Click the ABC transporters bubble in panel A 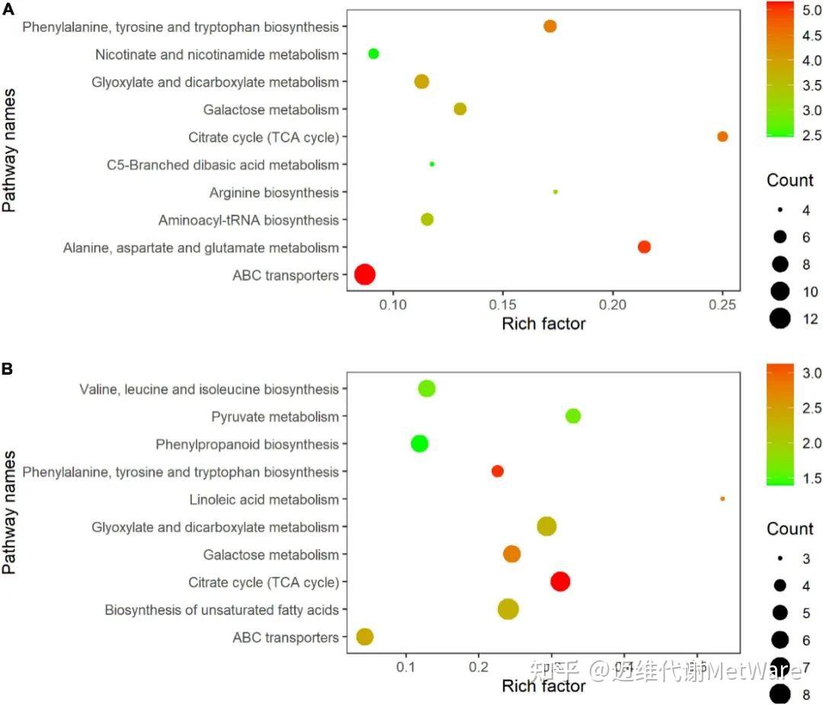point(365,275)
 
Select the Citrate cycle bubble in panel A point(722,136)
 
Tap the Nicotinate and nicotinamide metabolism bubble point(373,53)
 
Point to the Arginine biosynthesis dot point(556,191)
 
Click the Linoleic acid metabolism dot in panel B point(722,498)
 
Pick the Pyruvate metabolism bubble point(573,416)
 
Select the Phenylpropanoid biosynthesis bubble point(419,444)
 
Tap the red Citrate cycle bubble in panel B point(560,582)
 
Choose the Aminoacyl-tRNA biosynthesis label point(248,220)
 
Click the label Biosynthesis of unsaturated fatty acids point(222,610)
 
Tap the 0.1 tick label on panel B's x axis point(406,667)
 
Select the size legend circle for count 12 point(780,319)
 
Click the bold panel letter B point(7,369)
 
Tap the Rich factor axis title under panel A point(543,324)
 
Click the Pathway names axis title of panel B point(10,512)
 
